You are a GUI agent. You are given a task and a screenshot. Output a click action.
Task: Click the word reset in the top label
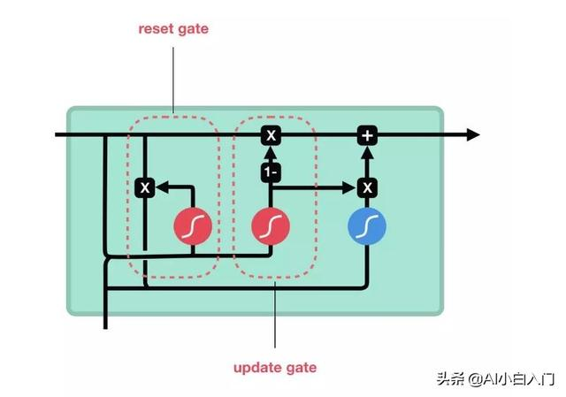click(x=155, y=28)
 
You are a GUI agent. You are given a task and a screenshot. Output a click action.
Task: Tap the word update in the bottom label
click(x=255, y=367)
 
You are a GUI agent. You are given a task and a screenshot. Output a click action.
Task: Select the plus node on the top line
click(x=367, y=135)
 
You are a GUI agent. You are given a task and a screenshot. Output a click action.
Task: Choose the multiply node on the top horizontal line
click(x=271, y=135)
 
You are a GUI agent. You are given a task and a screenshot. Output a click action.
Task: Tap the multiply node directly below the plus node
click(x=367, y=187)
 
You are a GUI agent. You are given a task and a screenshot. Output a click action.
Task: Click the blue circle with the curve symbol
click(x=367, y=225)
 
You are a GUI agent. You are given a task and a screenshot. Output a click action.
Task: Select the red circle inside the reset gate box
click(x=193, y=225)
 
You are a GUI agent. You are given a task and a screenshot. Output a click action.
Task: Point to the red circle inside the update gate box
click(x=271, y=225)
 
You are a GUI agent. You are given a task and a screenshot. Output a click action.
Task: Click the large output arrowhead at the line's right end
click(x=472, y=135)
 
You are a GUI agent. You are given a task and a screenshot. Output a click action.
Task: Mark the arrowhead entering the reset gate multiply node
click(x=161, y=187)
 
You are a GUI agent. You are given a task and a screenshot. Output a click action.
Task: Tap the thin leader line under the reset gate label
click(x=173, y=80)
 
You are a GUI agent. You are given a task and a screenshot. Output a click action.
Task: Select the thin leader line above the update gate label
click(x=274, y=318)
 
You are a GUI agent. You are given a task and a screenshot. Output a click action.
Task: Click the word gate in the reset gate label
click(x=193, y=28)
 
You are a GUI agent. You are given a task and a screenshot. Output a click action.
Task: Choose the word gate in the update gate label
click(x=298, y=367)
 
